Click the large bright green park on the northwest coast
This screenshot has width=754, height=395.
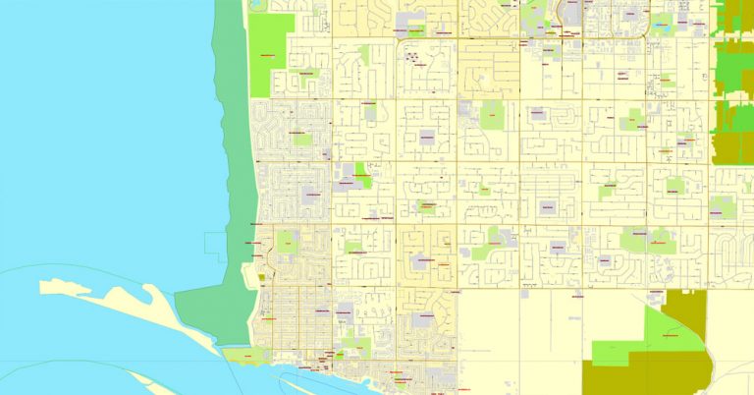click(272, 54)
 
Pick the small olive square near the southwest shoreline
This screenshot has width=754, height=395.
click(261, 278)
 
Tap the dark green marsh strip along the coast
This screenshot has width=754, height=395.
click(232, 197)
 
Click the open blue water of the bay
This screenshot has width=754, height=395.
click(88, 147)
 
